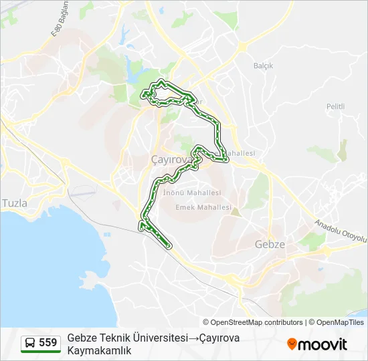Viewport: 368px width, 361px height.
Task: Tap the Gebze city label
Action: click(270, 245)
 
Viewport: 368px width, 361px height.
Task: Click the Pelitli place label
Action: click(335, 107)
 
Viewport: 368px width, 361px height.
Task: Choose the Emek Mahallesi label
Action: click(203, 208)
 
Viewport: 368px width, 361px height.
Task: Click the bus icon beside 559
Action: click(31, 343)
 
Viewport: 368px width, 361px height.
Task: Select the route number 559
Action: click(48, 343)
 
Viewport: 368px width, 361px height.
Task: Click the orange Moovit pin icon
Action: click(292, 344)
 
